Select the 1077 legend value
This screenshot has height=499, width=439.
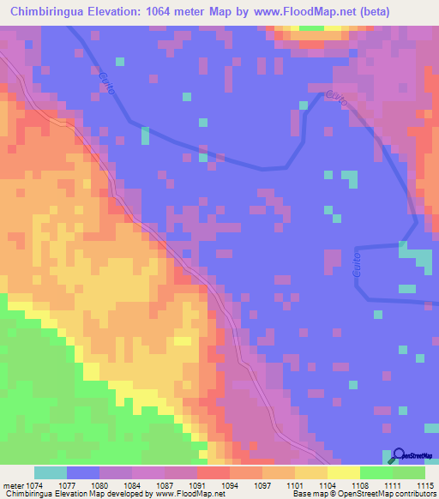pyautogui.click(x=80, y=484)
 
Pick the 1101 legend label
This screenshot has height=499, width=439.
pyautogui.click(x=311, y=484)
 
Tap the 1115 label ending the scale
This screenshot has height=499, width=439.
pyautogui.click(x=426, y=484)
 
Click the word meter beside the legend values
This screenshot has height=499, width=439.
pyautogui.click(x=13, y=484)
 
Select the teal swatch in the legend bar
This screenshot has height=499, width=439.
pyautogui.click(x=50, y=472)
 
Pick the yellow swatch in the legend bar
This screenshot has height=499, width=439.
pyautogui.click(x=343, y=472)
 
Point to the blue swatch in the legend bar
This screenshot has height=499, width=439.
pyautogui.click(x=83, y=472)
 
